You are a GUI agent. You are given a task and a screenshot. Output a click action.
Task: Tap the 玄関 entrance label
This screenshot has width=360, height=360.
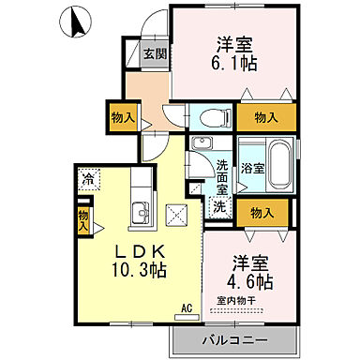click(154, 54)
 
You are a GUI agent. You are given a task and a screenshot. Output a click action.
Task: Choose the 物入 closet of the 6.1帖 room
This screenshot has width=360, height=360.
click(265, 117)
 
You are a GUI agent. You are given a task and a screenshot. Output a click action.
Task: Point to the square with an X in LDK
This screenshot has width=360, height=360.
click(176, 211)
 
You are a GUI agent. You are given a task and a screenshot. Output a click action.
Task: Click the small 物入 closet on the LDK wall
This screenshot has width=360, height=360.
click(82, 220)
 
